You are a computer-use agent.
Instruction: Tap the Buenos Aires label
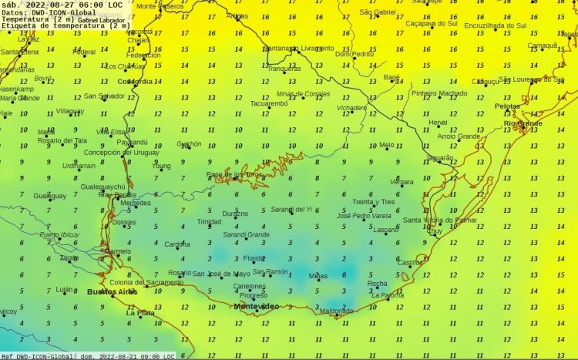coord(112,291)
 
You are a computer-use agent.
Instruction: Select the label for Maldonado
coord(336,311)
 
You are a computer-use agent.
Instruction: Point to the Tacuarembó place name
coord(269,103)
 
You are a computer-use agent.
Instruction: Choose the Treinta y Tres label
coord(373,202)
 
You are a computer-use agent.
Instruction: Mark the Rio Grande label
coord(523,123)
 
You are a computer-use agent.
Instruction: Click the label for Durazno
coord(235,214)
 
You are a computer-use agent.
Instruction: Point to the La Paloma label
coord(387,295)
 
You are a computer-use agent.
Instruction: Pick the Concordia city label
coord(135,81)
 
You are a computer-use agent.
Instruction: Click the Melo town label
coord(386,145)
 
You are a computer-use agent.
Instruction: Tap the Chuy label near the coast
coord(435,230)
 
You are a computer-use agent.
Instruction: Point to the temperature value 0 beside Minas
coord(344,275)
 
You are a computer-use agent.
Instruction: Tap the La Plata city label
coord(140,313)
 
